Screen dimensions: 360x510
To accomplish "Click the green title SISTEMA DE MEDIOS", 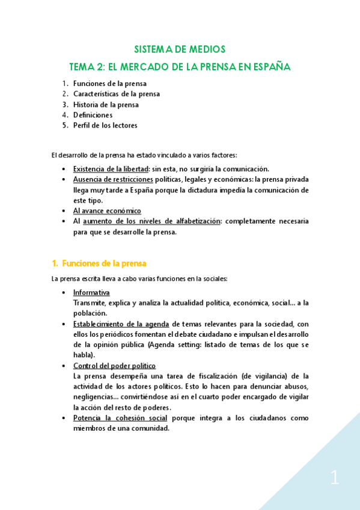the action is click(x=179, y=49).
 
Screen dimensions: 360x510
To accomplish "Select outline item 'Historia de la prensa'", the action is click(x=106, y=105).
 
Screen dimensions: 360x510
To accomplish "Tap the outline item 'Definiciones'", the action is click(x=93, y=115).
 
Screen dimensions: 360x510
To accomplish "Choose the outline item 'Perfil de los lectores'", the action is click(x=105, y=126).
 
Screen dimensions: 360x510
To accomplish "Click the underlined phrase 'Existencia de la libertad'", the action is click(x=111, y=169).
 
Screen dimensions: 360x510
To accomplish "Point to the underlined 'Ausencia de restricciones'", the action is click(x=112, y=179).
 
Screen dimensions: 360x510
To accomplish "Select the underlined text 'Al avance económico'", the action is click(x=107, y=211).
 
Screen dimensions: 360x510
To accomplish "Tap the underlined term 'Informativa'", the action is click(x=91, y=292).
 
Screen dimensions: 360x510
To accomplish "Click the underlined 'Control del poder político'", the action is click(x=114, y=366).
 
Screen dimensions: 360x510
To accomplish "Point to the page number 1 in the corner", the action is click(x=335, y=479).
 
